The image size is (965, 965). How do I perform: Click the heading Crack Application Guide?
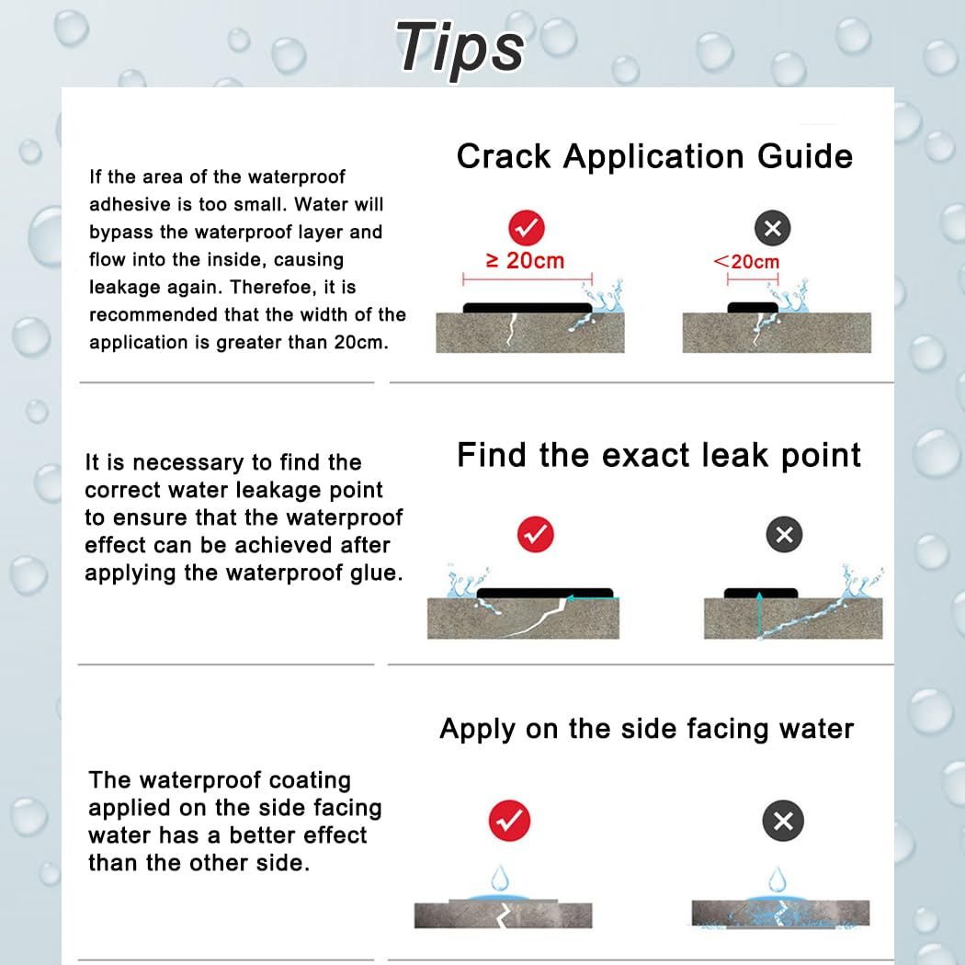coord(654,156)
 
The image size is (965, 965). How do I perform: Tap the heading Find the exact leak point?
coord(659,455)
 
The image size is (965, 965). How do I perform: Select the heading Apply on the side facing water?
coord(646,729)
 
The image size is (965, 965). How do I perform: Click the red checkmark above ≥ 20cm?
coord(526,228)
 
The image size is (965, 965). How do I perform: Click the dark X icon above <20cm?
coord(772,228)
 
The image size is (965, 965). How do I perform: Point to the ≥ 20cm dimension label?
coord(525,261)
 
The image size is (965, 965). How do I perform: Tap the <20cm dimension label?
coord(746,262)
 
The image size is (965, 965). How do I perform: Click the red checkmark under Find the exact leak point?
coord(535,534)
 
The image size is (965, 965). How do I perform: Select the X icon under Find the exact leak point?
coord(784,534)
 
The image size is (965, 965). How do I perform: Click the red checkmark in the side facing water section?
coord(508,821)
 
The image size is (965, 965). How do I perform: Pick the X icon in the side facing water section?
coord(783,821)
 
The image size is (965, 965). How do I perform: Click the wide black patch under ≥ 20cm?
coord(527,308)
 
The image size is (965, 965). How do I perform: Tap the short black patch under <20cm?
coord(753,307)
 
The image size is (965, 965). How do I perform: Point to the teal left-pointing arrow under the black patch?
coord(588,598)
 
